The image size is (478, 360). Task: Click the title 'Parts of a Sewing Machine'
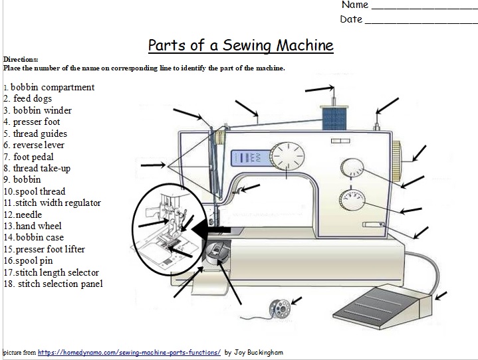tap(240, 46)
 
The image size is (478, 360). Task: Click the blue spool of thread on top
tap(330, 120)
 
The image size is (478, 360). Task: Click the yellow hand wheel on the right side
tap(398, 161)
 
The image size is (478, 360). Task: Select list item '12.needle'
tap(23, 215)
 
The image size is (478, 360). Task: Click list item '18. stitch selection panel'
tap(54, 284)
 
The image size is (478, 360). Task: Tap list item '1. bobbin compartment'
tap(49, 87)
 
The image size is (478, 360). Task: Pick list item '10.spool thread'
tap(35, 191)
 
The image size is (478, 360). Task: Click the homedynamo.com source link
tap(128, 353)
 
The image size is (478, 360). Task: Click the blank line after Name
tap(423, 7)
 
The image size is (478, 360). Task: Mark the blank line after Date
tap(421, 21)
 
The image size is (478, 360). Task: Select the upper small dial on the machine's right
tap(350, 167)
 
